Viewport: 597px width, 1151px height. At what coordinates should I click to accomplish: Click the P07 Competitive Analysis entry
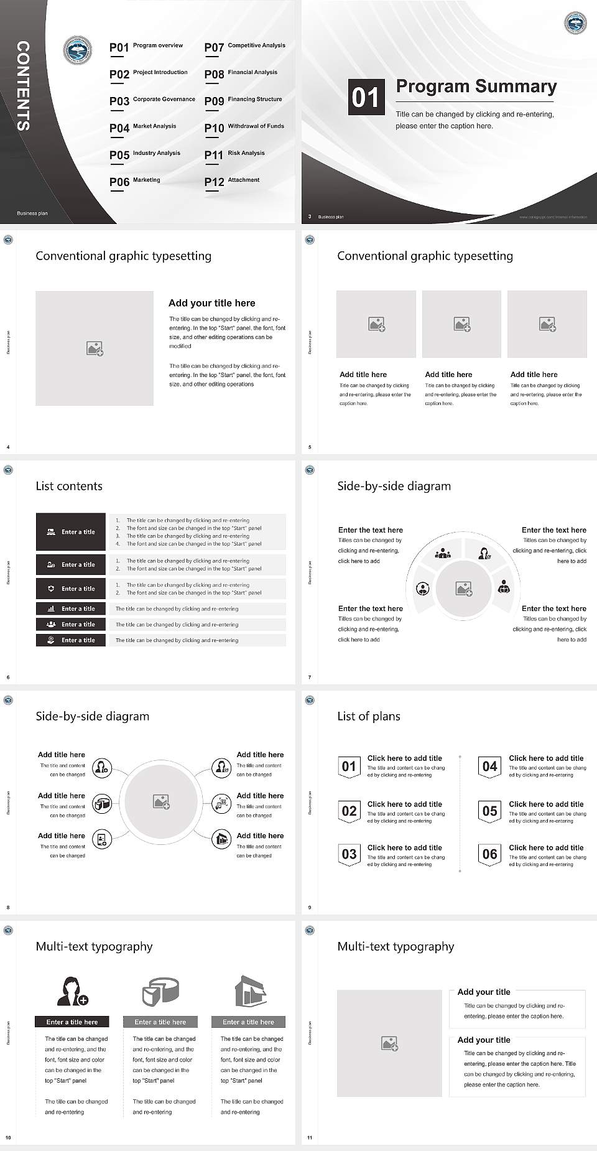click(244, 47)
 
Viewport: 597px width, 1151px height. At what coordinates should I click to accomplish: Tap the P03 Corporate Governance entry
click(152, 100)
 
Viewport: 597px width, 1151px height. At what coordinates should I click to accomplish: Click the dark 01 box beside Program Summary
click(365, 97)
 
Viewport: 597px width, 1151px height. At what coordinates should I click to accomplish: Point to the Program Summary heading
click(476, 86)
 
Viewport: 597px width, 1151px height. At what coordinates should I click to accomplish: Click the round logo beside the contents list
click(78, 50)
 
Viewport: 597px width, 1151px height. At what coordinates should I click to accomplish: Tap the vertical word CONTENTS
click(23, 86)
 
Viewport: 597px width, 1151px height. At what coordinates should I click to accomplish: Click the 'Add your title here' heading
click(211, 303)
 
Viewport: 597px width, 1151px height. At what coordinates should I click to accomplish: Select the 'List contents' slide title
click(69, 486)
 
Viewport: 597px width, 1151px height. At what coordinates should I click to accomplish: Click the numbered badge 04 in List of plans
click(490, 767)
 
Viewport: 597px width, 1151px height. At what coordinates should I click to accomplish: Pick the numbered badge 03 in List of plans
click(349, 854)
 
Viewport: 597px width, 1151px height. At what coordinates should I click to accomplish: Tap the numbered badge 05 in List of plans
click(490, 811)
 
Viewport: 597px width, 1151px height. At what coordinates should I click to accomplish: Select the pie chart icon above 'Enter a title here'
click(160, 991)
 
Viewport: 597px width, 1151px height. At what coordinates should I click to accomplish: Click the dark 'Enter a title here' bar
click(72, 1022)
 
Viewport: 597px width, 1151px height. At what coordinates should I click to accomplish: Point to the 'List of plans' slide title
click(369, 716)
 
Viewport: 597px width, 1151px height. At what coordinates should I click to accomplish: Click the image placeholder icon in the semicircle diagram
click(464, 589)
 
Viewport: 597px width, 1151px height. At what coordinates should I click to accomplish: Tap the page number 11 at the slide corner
click(310, 1138)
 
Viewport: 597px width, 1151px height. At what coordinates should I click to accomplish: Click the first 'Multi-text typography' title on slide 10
click(94, 946)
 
